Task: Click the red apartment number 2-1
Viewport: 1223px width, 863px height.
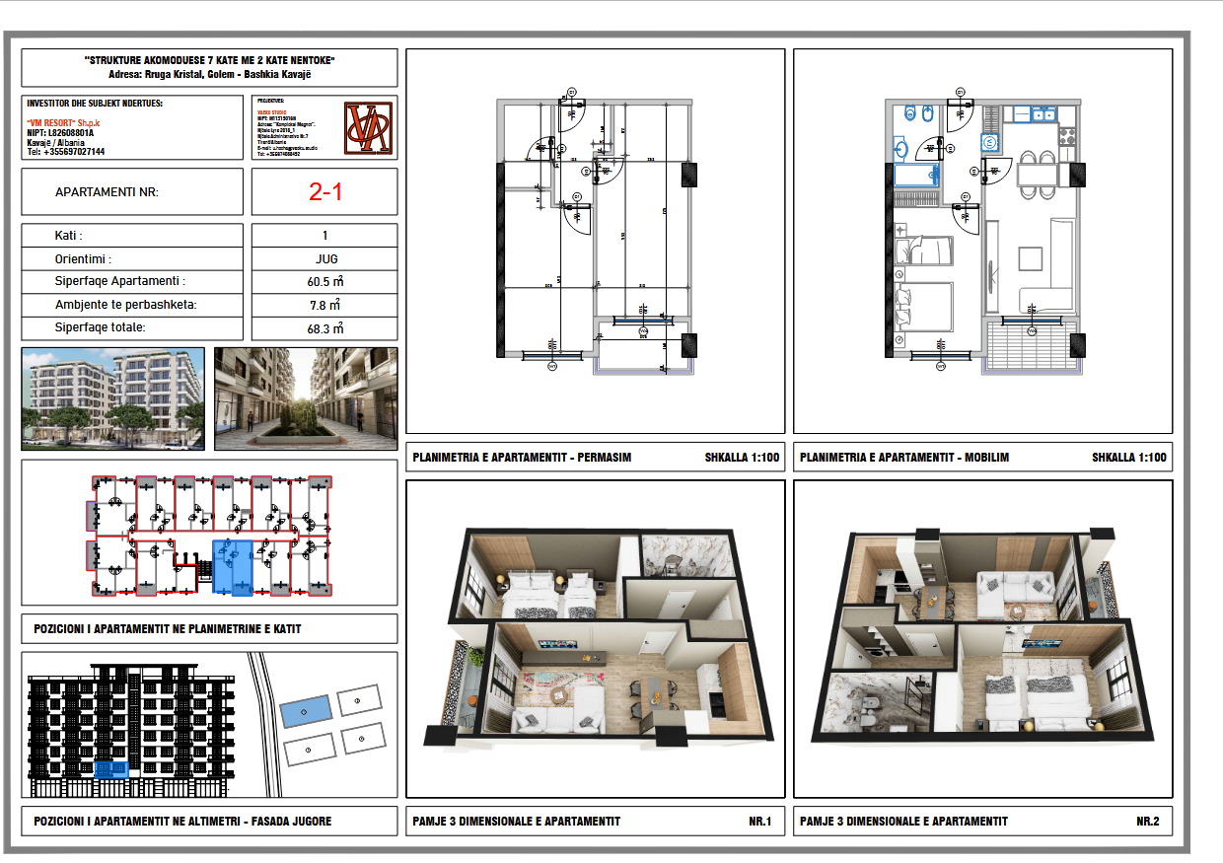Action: (324, 192)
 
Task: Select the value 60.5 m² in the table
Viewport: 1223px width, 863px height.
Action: (324, 282)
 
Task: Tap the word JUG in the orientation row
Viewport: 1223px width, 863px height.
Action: (324, 259)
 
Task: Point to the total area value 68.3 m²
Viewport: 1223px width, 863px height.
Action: (324, 328)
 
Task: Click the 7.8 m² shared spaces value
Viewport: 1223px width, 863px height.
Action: (324, 306)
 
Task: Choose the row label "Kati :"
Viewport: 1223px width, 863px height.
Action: (68, 237)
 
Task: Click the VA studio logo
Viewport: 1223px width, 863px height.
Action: (369, 127)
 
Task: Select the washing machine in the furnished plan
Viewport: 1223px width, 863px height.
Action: (990, 142)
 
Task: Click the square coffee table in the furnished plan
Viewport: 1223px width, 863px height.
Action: (1031, 258)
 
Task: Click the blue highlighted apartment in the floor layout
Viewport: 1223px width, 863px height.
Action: (233, 567)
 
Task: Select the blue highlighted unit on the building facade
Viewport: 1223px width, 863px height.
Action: (111, 769)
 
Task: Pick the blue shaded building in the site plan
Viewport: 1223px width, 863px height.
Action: (305, 710)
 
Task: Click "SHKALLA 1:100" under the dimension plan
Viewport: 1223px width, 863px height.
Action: (742, 458)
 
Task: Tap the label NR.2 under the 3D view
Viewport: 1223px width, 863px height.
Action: (1147, 821)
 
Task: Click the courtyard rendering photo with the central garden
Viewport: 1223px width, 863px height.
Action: (306, 398)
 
